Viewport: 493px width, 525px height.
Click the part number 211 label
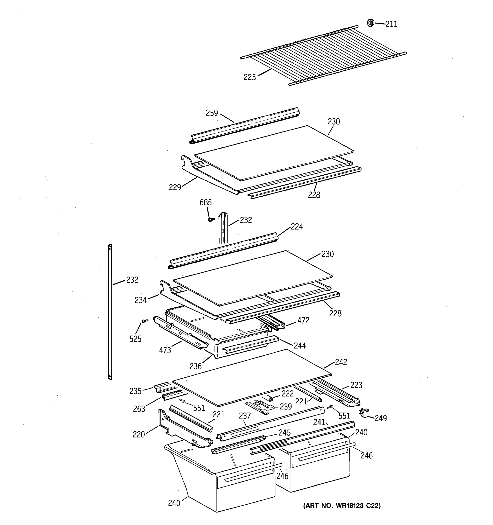[x=391, y=24]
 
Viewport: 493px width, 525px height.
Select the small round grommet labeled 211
[x=370, y=23]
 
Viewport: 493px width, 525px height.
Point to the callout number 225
[x=250, y=77]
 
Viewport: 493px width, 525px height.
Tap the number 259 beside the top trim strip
[x=212, y=113]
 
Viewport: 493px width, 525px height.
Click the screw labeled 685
[x=211, y=219]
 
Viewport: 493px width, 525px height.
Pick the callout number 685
[x=206, y=203]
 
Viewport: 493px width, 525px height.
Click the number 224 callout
[x=297, y=227]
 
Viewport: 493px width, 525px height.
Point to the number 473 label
[x=165, y=350]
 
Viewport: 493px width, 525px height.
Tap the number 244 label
[x=300, y=345]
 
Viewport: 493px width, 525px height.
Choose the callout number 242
[x=341, y=362]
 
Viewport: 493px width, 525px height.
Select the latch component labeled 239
[x=261, y=407]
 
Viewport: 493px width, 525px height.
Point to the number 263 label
[x=139, y=409]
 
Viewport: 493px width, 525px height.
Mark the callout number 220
[x=139, y=434]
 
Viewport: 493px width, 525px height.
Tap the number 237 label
[x=245, y=416]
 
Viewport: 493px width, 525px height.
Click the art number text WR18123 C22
[x=342, y=506]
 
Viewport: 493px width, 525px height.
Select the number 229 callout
[x=175, y=187]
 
